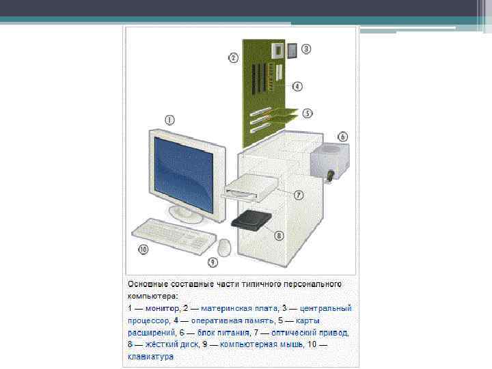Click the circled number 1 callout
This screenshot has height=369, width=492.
tap(169, 120)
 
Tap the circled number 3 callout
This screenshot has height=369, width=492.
tap(306, 49)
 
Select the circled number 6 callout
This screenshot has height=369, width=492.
tap(342, 137)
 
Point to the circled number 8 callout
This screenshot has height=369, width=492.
tap(279, 235)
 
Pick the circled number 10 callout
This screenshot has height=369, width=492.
tap(143, 249)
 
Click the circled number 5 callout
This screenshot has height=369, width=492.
tap(307, 113)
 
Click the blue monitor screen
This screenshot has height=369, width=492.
tap(184, 174)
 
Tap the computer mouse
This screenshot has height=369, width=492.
tap(225, 247)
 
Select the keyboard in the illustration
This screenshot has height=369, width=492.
tap(174, 236)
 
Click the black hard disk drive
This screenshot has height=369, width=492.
tap(251, 220)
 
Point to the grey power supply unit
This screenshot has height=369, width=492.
tap(329, 161)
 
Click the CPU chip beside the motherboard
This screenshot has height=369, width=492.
tap(292, 51)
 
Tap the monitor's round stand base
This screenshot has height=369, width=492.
tap(186, 215)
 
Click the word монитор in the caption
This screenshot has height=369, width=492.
tap(163, 308)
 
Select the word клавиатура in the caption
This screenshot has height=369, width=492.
tap(151, 357)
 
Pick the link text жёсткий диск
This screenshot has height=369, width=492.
tap(172, 344)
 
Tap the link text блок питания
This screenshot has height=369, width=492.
tap(223, 333)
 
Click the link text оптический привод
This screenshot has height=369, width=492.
tap(310, 333)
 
